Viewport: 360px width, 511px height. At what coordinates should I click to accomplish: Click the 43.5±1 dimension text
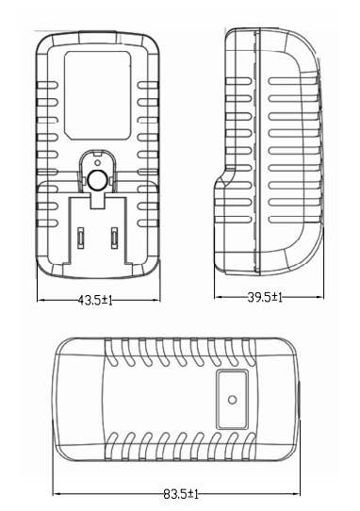(x=95, y=301)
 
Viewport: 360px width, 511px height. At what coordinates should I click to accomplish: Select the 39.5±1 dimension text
(x=265, y=297)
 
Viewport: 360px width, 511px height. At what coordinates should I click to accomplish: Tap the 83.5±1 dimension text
(x=181, y=494)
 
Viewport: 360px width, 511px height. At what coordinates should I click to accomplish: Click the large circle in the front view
(x=97, y=180)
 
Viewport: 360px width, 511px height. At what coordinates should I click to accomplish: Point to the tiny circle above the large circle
(x=96, y=162)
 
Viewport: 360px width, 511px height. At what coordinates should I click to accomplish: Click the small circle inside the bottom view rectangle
(x=232, y=399)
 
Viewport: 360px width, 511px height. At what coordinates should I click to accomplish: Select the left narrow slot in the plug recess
(x=80, y=238)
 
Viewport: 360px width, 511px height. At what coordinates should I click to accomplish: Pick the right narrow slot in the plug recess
(x=114, y=238)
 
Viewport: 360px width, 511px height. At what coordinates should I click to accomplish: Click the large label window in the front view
(x=97, y=95)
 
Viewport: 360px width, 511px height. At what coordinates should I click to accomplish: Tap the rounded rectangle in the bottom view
(x=232, y=400)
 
